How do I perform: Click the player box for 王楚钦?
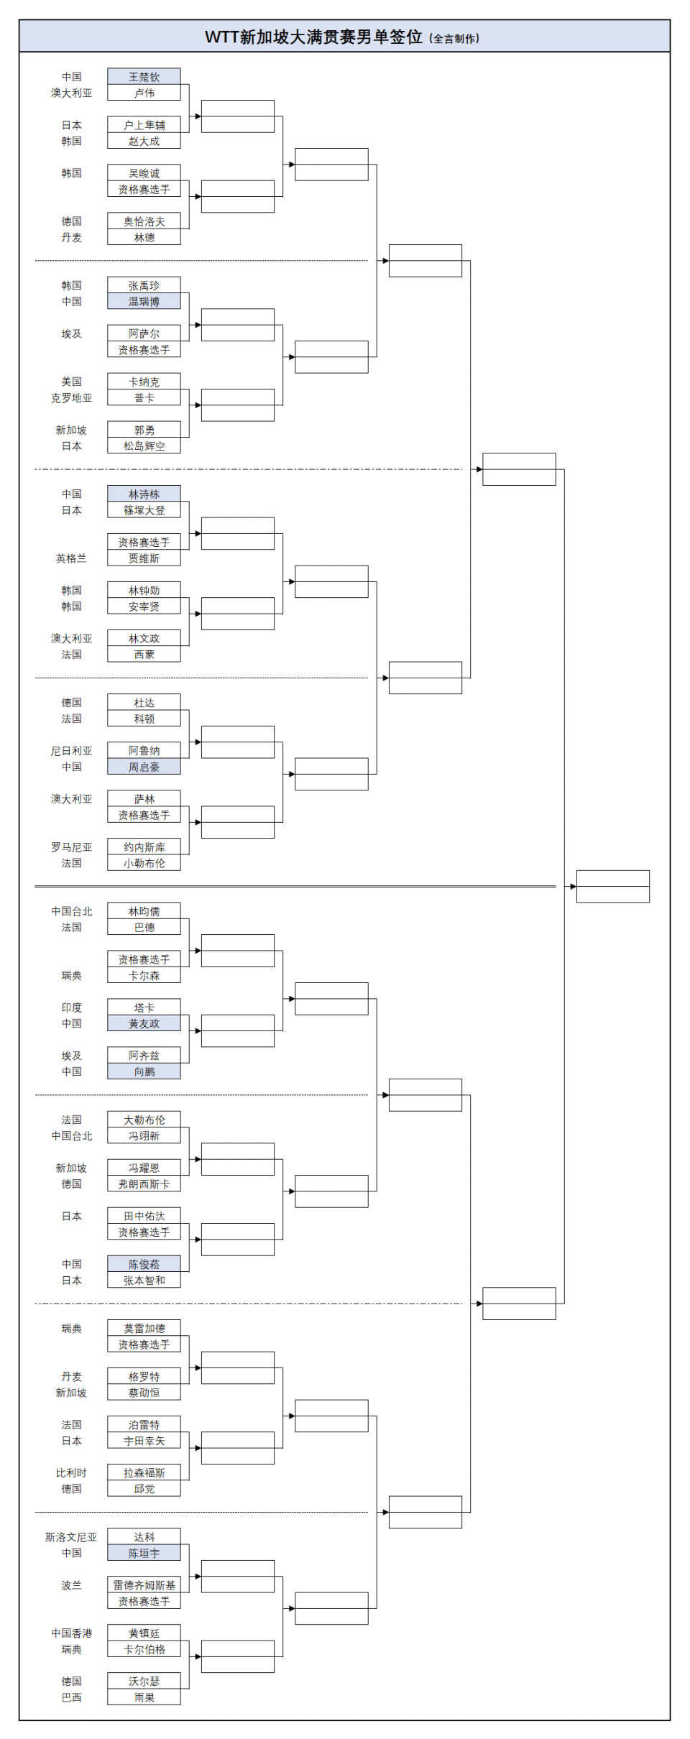[x=144, y=77]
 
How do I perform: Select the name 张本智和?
[x=144, y=1280]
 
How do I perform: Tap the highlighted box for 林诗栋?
[x=144, y=494]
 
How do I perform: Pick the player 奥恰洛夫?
[x=144, y=221]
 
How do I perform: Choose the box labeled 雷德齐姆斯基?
[x=144, y=1585]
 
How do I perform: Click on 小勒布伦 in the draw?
[x=144, y=863]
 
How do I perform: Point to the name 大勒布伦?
[x=144, y=1120]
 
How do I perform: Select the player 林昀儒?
[x=144, y=911]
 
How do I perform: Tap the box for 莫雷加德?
[x=144, y=1328]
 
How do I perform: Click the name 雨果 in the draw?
[x=144, y=1697]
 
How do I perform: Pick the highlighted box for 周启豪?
[x=144, y=767]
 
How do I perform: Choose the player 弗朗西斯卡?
[x=144, y=1184]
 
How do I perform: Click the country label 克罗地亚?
[x=71, y=398]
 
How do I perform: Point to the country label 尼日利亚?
[x=71, y=751]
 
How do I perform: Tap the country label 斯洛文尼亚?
[x=70, y=1537]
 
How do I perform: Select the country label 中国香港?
[x=71, y=1633]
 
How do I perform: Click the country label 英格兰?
[x=71, y=558]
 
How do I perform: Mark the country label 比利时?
[x=71, y=1473]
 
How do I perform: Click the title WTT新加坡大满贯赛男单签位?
[x=313, y=37]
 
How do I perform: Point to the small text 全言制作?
[x=454, y=39]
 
